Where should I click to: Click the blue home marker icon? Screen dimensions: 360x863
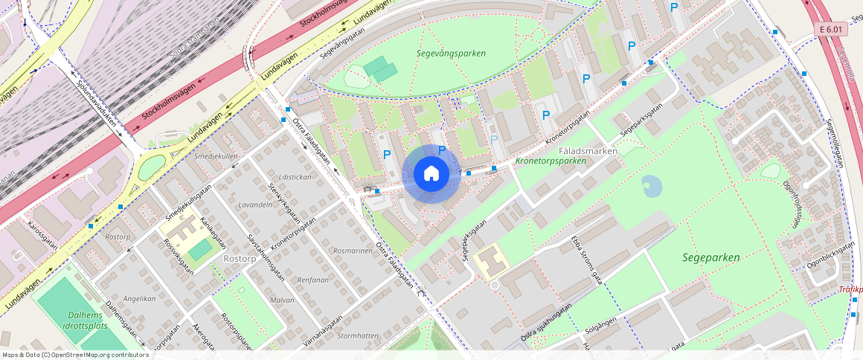[x=431, y=174]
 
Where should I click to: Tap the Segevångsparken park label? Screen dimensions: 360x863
[x=451, y=54]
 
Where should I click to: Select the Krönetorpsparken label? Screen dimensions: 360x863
[x=551, y=161]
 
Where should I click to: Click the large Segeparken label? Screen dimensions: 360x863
[x=711, y=258]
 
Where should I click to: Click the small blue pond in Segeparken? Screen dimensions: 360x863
[x=652, y=186]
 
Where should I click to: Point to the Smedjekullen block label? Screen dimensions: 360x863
[x=216, y=157]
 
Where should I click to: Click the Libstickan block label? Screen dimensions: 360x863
[x=295, y=177]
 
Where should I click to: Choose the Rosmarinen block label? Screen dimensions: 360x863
[x=353, y=251]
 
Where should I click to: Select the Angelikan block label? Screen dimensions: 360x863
[x=140, y=298]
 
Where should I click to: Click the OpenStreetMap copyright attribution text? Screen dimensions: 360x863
[x=76, y=355]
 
